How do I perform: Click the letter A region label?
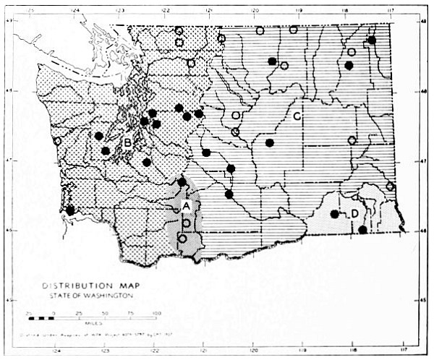tap(186, 206)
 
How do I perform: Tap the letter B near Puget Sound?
tap(127, 142)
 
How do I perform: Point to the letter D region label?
tap(354, 213)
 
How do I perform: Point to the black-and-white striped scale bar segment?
tap(41, 318)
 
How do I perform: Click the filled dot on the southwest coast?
tap(70, 210)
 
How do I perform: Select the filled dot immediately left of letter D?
tap(334, 214)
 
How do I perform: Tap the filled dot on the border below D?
tap(362, 230)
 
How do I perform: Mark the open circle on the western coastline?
tap(56, 141)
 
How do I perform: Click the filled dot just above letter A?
tap(182, 181)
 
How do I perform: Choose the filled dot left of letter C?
tap(269, 143)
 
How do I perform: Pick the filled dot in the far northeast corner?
tap(371, 40)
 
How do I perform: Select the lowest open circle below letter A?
tap(182, 239)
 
